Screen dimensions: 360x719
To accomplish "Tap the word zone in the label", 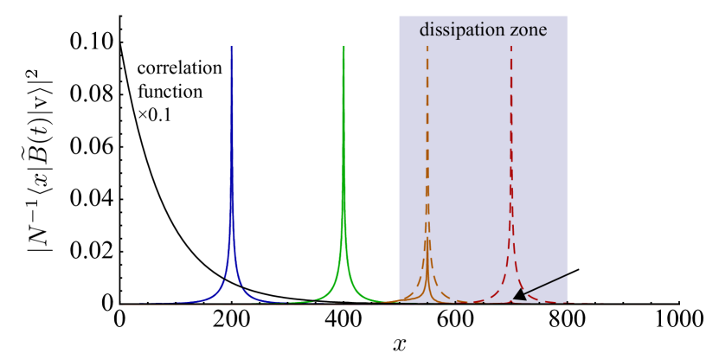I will click(x=529, y=29).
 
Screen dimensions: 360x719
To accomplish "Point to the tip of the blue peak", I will click(x=231, y=47).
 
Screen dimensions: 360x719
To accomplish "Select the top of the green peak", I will click(x=343, y=47).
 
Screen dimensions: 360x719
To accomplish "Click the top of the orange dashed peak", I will click(x=427, y=47).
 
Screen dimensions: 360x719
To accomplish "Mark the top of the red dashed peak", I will click(x=510, y=47).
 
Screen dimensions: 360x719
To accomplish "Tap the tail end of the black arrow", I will click(x=568, y=274).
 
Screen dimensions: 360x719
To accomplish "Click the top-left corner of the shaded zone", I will click(x=399, y=16).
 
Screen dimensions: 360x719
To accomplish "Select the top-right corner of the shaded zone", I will click(x=567, y=16).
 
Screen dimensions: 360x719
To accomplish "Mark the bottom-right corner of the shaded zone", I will click(x=567, y=303).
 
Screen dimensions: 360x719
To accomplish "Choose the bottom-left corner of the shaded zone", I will click(x=399, y=303).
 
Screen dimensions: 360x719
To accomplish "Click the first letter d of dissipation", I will click(x=424, y=29).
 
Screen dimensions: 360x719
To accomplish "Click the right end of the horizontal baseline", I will click(x=678, y=305).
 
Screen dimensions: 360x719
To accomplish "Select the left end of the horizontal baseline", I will click(x=122, y=305).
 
